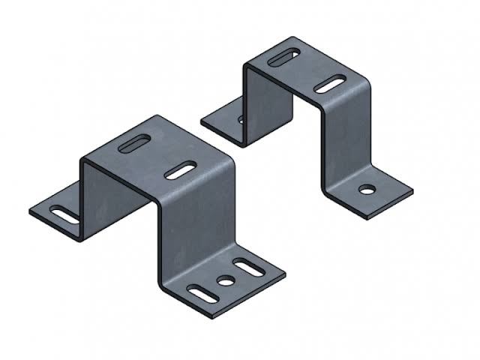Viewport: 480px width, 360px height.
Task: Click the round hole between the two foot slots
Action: point(224,280)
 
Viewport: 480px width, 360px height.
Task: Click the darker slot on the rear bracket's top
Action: point(285,56)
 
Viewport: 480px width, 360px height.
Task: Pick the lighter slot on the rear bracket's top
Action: point(330,84)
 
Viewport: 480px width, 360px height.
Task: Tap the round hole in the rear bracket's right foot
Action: point(366,189)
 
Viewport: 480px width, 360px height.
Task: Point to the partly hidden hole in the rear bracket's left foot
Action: point(241,119)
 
